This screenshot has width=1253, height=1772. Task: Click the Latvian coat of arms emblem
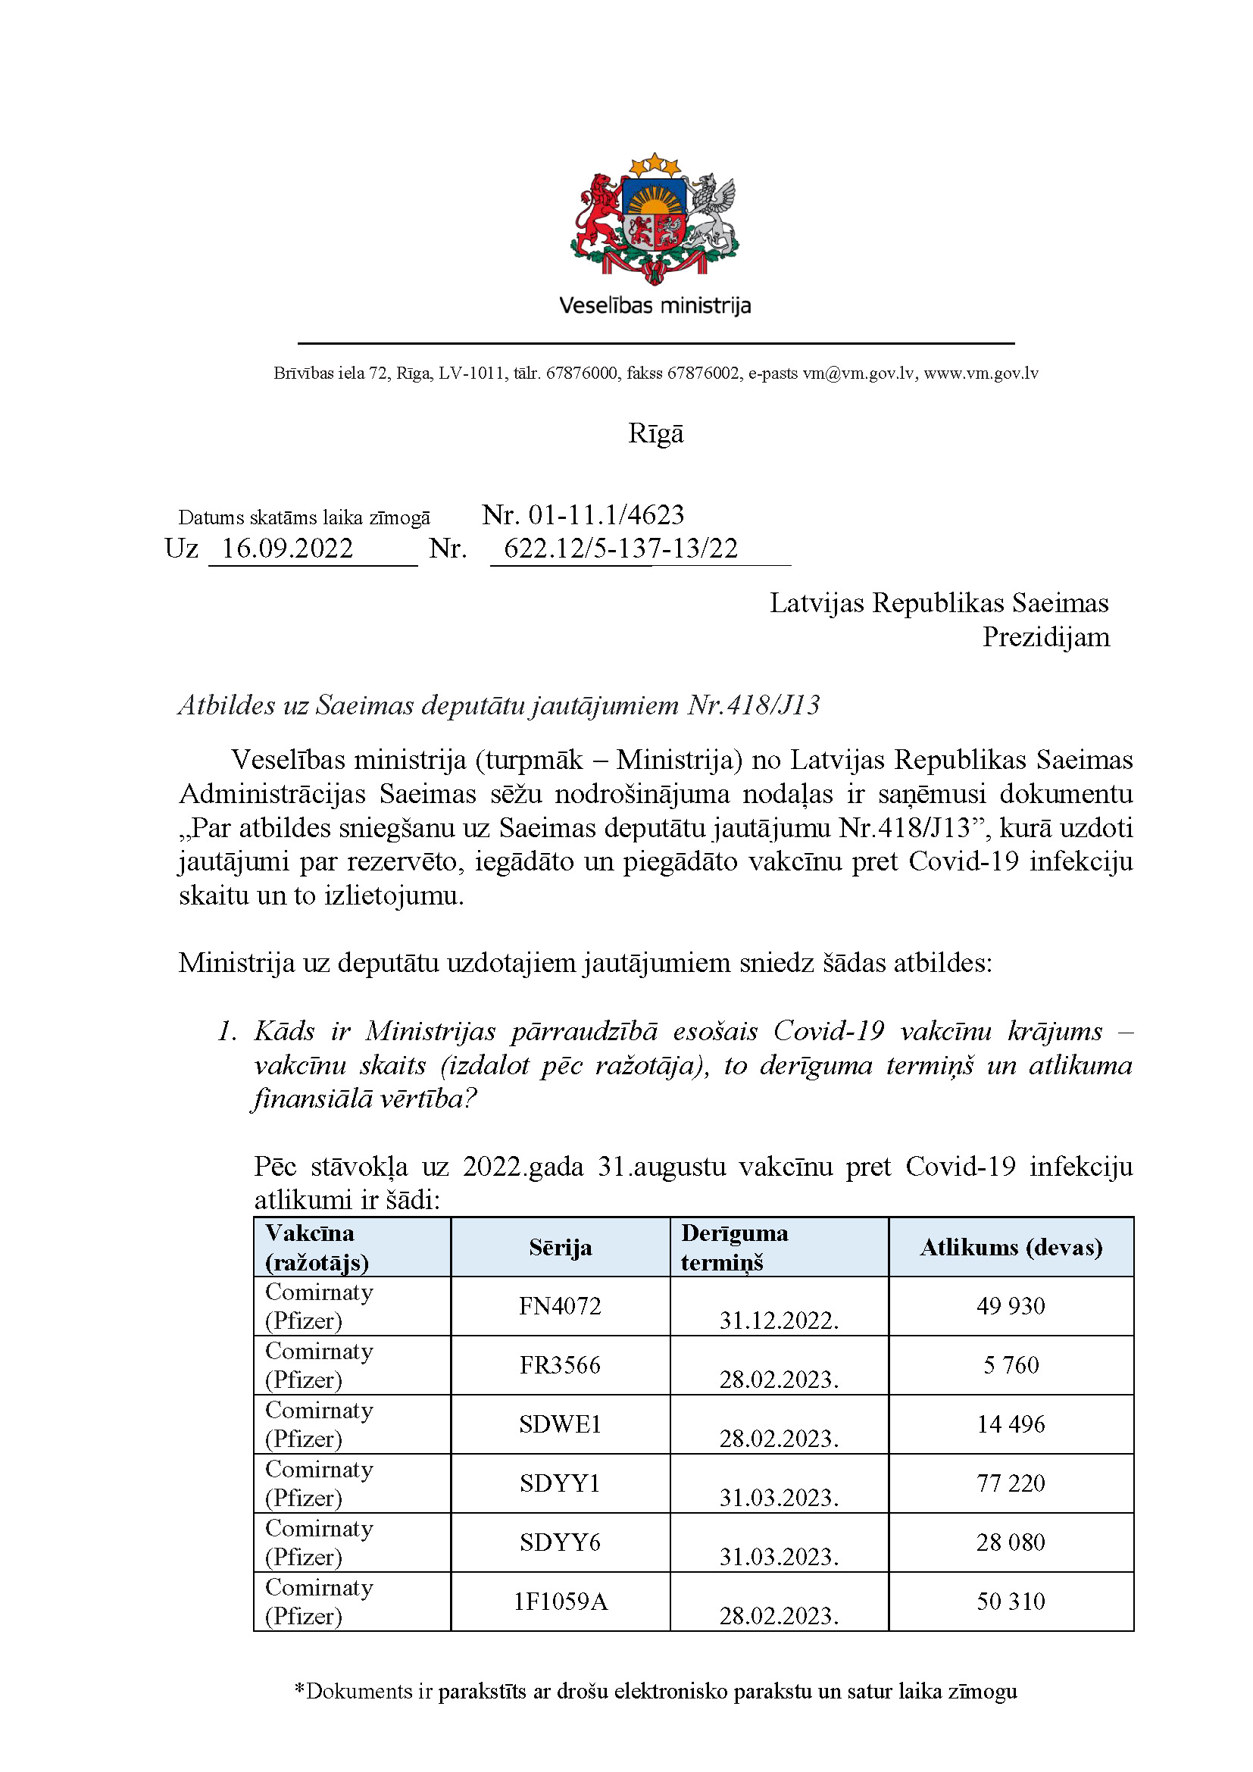click(655, 218)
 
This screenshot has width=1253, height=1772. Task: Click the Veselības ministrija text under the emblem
click(655, 305)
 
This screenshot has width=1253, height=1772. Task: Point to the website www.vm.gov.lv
click(980, 373)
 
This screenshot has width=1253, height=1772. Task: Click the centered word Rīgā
click(655, 433)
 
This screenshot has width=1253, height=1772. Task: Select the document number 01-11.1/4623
click(606, 514)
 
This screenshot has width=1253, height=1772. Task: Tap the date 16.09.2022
click(287, 548)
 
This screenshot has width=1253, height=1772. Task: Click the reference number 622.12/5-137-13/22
click(620, 548)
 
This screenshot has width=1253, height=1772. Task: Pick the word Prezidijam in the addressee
click(1045, 637)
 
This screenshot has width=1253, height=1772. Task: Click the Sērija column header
click(560, 1247)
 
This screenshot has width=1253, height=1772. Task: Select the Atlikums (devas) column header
click(1011, 1247)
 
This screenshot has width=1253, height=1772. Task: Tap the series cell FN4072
click(560, 1306)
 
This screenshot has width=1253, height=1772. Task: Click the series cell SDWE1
click(560, 1424)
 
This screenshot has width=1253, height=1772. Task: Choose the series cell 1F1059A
click(560, 1602)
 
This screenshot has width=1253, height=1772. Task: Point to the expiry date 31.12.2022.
click(779, 1320)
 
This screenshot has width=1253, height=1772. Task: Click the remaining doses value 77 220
click(1011, 1483)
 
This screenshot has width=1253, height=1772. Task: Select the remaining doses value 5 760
click(1011, 1364)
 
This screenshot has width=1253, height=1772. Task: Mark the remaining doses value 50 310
click(1011, 1601)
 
